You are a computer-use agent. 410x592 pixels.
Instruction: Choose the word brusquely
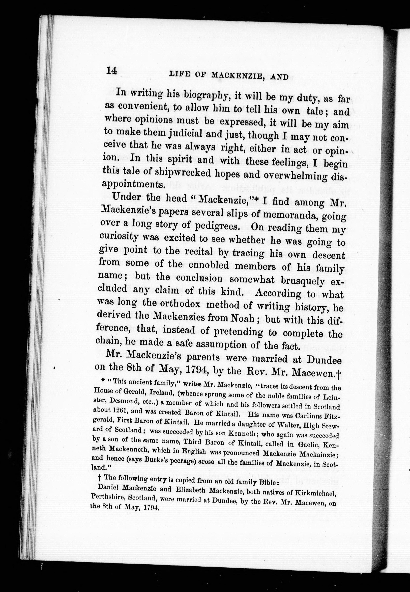[x=302, y=281]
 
